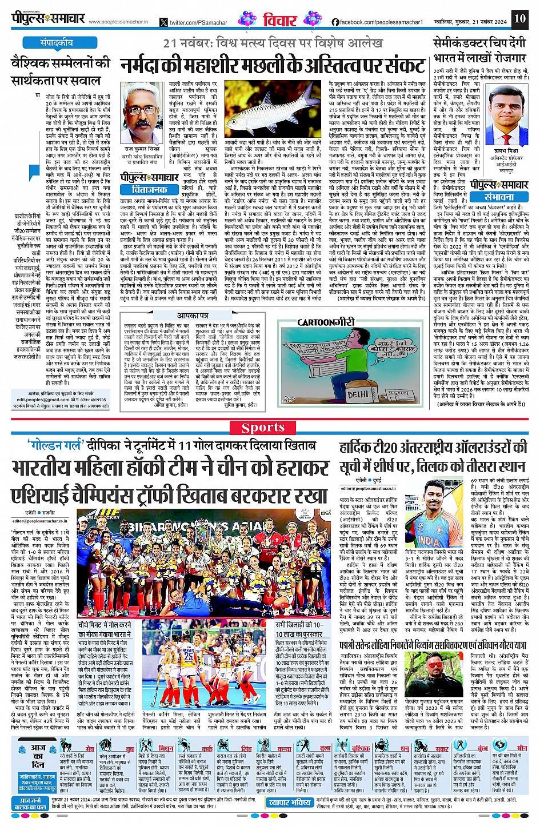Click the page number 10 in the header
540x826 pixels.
(x=519, y=19)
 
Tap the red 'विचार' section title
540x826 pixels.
(x=280, y=21)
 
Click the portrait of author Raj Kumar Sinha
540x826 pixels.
(x=142, y=111)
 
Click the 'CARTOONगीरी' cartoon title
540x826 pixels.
(x=326, y=322)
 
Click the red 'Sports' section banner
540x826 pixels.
(x=263, y=428)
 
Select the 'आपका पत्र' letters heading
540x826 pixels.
(x=193, y=316)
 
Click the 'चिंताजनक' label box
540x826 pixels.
(x=149, y=189)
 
